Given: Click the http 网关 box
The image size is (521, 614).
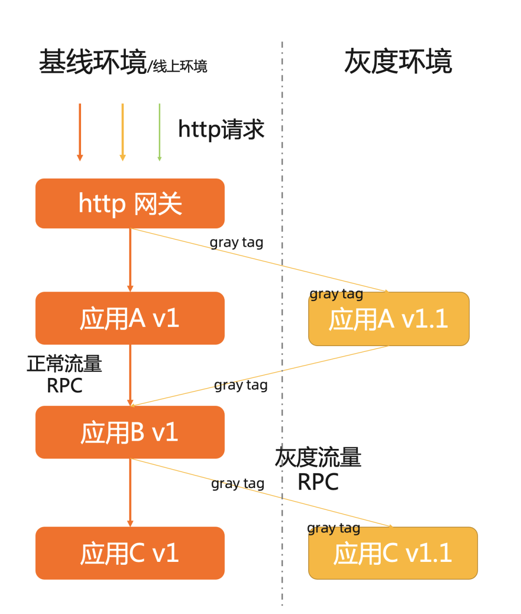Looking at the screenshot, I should [x=130, y=203].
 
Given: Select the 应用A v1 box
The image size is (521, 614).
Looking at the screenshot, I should [x=130, y=318].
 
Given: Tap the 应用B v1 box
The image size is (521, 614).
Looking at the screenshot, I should [x=130, y=432].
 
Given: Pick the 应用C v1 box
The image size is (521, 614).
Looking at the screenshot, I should [x=130, y=553].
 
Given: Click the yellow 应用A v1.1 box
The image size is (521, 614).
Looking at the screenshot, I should [x=389, y=319].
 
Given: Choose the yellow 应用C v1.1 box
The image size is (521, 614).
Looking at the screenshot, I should [x=393, y=553].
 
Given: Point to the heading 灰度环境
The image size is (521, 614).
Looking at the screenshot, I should [x=398, y=61].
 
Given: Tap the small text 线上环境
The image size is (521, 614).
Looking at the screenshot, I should [x=180, y=66].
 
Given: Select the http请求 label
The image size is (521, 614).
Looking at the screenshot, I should [x=221, y=129].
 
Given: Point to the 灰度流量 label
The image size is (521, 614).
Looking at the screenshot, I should [x=318, y=458].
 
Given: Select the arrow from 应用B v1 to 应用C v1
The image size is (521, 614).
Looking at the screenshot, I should [x=130, y=492].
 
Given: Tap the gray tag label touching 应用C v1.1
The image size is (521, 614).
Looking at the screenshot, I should [x=333, y=529].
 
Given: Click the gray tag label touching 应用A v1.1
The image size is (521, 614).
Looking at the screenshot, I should [x=336, y=294].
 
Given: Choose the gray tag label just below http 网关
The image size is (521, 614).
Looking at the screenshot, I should [x=236, y=242].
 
